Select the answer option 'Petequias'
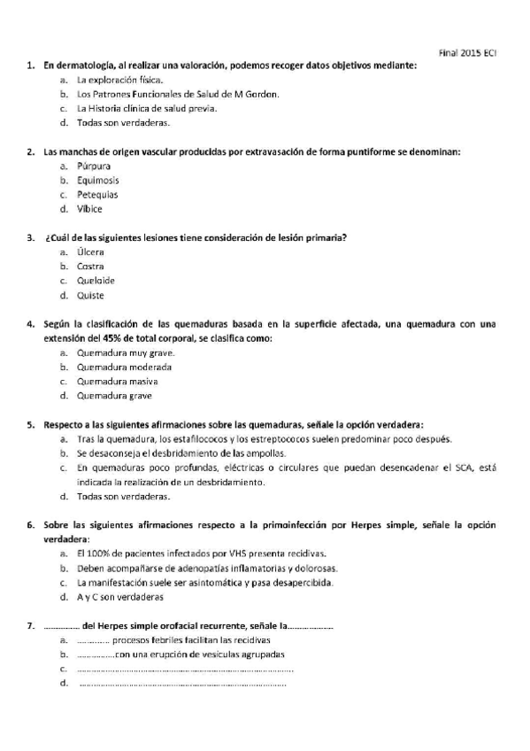(x=96, y=194)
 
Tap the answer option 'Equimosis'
(x=97, y=180)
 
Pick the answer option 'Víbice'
(x=89, y=209)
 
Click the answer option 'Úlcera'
(x=90, y=252)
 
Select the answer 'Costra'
(x=90, y=266)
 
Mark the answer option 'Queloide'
(x=96, y=281)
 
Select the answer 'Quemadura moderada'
(x=124, y=367)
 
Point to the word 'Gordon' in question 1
(x=263, y=94)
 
